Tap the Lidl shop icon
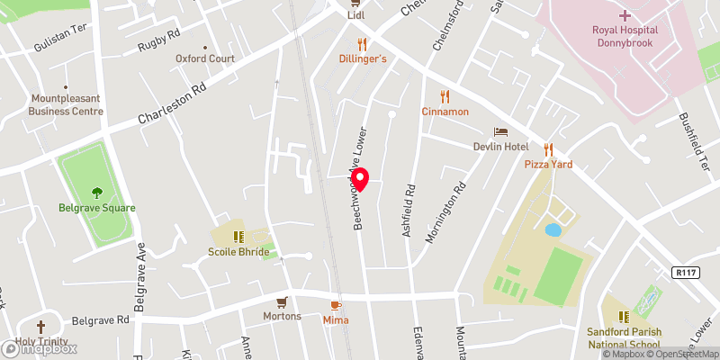point(357,3)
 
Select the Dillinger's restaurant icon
point(363,43)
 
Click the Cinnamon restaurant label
point(445,112)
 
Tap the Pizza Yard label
point(548,165)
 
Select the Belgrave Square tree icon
point(97,192)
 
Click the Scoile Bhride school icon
point(238,237)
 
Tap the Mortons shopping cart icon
point(282,301)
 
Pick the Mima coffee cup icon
point(337,305)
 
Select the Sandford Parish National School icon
point(623,316)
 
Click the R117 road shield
point(685,272)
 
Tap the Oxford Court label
point(205,58)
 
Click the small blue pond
point(553,230)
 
